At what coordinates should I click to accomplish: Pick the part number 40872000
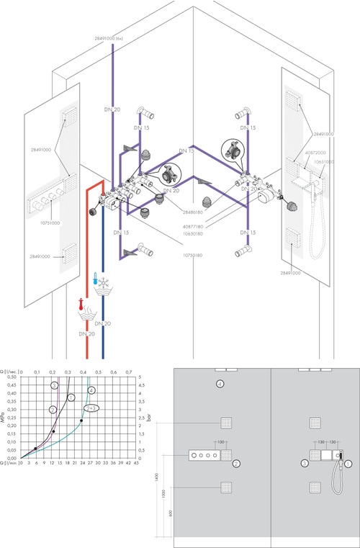coord(315,153)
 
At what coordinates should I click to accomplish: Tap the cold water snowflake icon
coord(101,285)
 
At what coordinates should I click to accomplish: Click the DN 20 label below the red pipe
coord(85,334)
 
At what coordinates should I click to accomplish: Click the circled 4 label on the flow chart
coord(91,390)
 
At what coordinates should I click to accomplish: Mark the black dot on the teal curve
coord(81,421)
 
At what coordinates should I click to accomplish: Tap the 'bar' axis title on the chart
coord(150,417)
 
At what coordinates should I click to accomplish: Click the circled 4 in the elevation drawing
coord(221,385)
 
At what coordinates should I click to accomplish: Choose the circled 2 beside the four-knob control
coord(236,464)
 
